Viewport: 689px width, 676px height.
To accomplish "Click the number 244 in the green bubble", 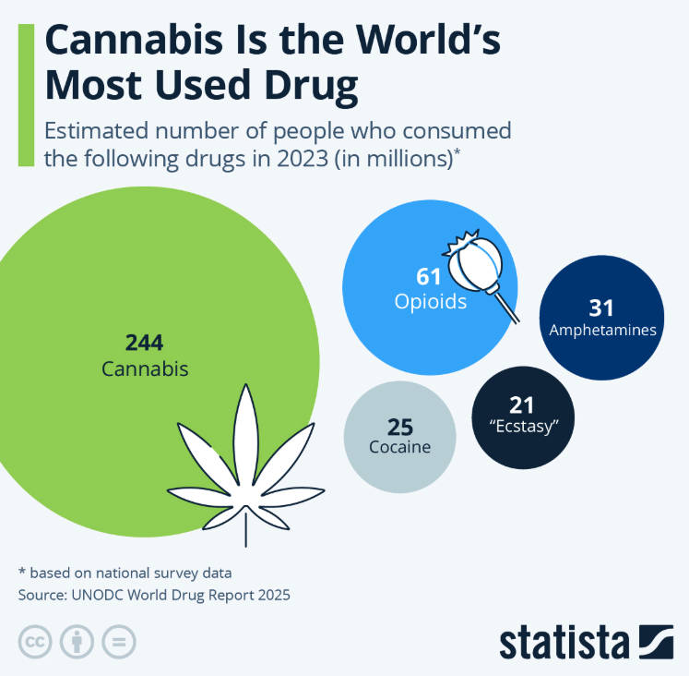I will (x=144, y=343).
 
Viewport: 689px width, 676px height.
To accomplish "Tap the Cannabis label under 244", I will (x=145, y=368).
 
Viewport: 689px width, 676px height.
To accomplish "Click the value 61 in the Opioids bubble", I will (x=430, y=275).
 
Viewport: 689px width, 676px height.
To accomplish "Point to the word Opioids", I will (x=431, y=301).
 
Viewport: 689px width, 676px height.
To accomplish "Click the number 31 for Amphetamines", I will (x=601, y=308).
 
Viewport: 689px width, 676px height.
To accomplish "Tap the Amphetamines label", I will (x=602, y=330).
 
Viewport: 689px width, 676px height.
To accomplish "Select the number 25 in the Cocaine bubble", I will (x=399, y=427).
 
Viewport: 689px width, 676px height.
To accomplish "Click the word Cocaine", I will (x=399, y=448).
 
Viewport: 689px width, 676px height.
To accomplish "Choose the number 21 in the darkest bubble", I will (x=522, y=405).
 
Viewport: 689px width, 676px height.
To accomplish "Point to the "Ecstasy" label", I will (x=523, y=427).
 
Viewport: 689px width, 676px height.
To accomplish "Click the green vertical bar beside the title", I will (x=26, y=94).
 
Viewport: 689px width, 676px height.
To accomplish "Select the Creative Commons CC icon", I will (x=35, y=641).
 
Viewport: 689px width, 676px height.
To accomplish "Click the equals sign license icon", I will (x=119, y=641).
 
